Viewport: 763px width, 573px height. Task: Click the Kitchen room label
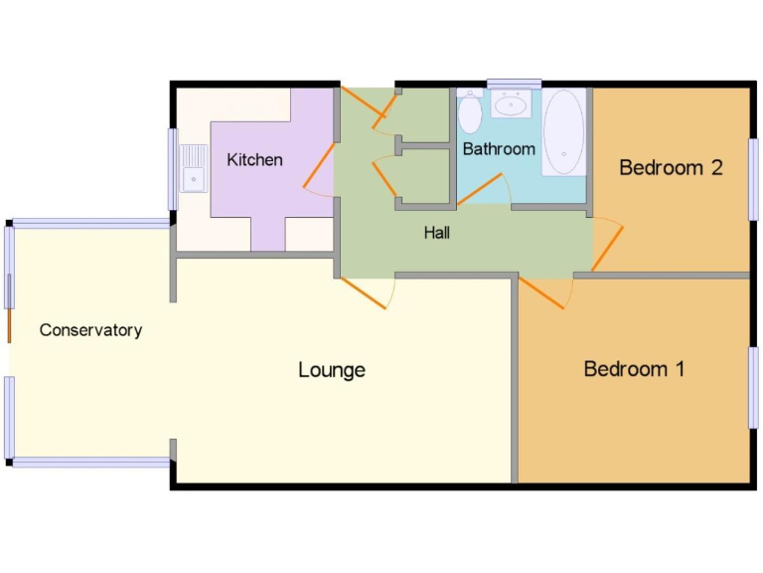(254, 159)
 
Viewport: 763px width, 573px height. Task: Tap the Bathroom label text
(499, 149)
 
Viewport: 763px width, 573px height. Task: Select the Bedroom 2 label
(670, 167)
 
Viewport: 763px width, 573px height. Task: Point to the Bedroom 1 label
(634, 369)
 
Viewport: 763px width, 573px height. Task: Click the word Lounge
(332, 370)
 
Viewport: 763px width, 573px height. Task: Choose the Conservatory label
(90, 330)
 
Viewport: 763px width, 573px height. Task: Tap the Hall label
(436, 233)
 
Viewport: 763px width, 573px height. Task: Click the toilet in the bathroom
(470, 112)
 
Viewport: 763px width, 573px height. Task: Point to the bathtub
(563, 132)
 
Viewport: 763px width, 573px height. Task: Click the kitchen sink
(193, 167)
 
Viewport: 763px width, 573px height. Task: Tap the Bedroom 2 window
(753, 178)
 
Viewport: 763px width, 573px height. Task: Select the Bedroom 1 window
(753, 387)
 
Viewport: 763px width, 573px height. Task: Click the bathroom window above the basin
(514, 84)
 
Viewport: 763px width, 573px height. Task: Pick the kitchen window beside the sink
(172, 169)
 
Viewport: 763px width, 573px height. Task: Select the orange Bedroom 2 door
(608, 248)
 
